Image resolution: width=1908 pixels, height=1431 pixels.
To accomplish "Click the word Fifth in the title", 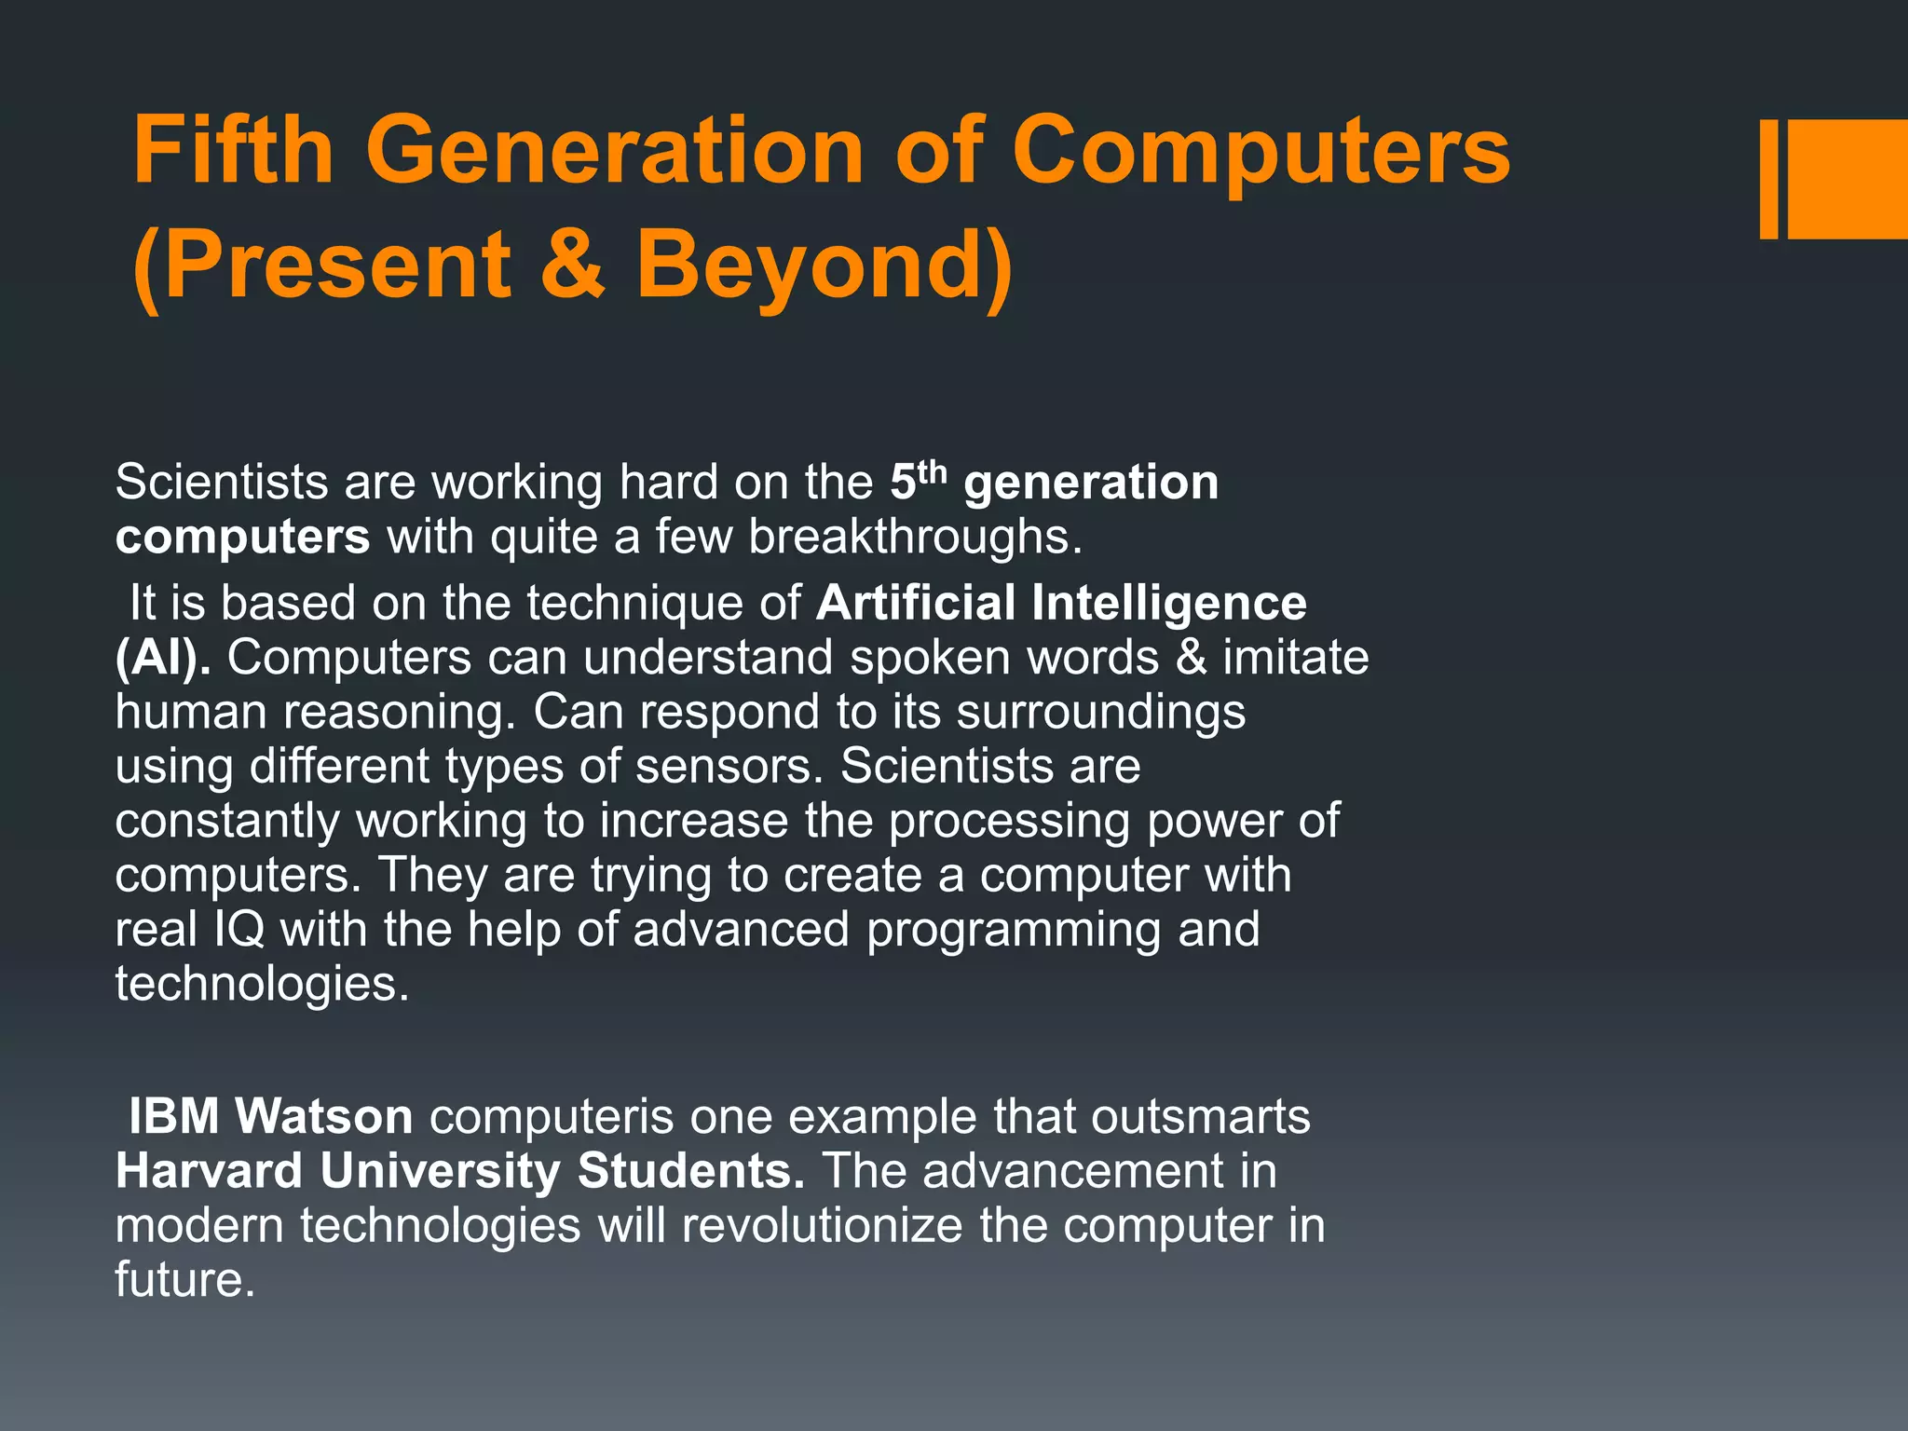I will point(234,151).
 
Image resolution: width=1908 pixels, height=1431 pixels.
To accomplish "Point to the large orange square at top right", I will point(1847,179).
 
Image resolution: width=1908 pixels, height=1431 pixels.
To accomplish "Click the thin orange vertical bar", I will point(1768,179).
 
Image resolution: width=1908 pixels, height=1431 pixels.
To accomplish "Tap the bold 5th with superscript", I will point(918,481).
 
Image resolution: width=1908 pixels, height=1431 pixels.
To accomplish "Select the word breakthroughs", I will point(915,538).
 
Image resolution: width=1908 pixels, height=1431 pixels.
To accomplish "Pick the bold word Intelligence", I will point(1169,603).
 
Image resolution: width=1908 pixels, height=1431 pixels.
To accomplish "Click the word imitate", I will point(1296,658).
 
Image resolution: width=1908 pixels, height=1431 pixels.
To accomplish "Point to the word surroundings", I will point(1100,713).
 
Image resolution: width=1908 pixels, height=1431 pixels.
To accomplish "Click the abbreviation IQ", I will point(239,930).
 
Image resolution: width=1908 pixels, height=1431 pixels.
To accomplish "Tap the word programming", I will point(1013,930).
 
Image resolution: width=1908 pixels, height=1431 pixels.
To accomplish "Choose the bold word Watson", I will point(323,1116).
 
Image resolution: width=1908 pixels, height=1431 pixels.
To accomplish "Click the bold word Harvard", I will point(210,1171).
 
